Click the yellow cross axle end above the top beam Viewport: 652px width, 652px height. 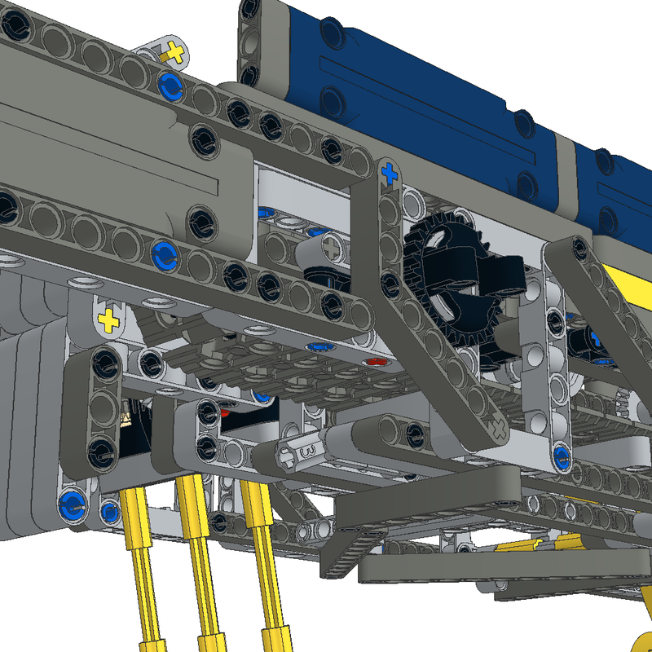[x=173, y=54]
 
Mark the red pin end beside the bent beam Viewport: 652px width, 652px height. [x=376, y=362]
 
